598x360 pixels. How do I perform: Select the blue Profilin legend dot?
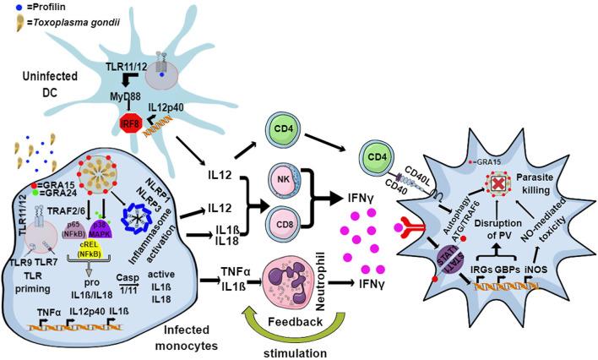point(6,8)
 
